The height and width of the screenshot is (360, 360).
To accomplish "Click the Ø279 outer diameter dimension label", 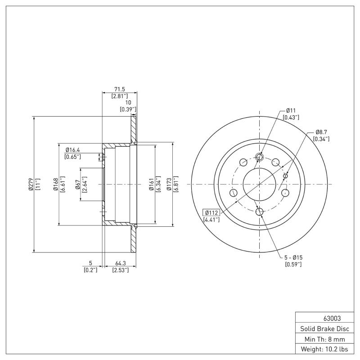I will tap(31, 184).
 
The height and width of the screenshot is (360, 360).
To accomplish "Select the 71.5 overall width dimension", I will tap(119, 90).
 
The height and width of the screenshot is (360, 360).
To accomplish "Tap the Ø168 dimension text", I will tap(55, 184).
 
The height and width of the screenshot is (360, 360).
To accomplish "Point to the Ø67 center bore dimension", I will tap(77, 184).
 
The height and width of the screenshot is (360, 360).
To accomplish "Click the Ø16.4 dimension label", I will tap(73, 149).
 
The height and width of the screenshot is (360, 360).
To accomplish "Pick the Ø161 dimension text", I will tap(151, 184).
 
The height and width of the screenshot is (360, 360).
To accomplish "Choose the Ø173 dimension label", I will tap(169, 184).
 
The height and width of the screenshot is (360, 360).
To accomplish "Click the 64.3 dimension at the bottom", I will tap(121, 263).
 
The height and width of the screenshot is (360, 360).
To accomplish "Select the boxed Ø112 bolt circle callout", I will tap(211, 213).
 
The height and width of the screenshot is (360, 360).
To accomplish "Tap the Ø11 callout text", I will tap(291, 110).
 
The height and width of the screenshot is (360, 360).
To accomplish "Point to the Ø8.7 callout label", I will tap(321, 132).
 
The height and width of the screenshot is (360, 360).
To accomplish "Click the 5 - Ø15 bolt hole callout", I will tap(293, 257).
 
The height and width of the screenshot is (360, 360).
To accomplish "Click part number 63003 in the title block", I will tap(322, 318).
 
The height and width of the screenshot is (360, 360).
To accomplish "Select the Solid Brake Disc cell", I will tap(322, 328).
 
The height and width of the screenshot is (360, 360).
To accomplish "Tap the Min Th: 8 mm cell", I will tap(322, 339).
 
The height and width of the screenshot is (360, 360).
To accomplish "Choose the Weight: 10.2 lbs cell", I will tap(322, 349).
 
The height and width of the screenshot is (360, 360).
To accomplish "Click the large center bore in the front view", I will tap(260, 184).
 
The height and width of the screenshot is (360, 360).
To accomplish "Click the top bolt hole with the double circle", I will tap(260, 157).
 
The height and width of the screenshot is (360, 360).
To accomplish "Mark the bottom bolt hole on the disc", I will tap(260, 212).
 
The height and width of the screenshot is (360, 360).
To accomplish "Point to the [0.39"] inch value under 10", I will tap(128, 109).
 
